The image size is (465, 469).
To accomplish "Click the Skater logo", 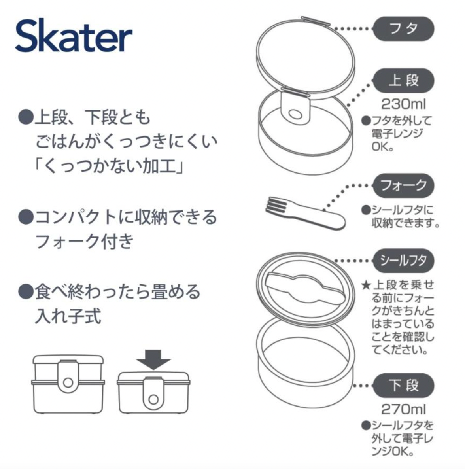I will pyautogui.click(x=74, y=36).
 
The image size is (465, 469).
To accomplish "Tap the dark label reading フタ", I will pyautogui.click(x=403, y=29).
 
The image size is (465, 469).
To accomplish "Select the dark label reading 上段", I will pyautogui.click(x=403, y=80).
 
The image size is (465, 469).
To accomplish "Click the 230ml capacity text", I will pyautogui.click(x=403, y=104).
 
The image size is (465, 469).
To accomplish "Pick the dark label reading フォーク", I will pyautogui.click(x=403, y=185).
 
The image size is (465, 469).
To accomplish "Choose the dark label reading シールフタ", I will pyautogui.click(x=403, y=261).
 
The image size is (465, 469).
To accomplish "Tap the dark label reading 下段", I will pyautogui.click(x=403, y=385).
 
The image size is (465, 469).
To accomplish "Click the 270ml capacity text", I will pyautogui.click(x=403, y=409).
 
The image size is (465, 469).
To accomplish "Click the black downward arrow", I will pyautogui.click(x=153, y=359).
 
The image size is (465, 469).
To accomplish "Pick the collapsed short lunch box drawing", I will pyautogui.click(x=153, y=391).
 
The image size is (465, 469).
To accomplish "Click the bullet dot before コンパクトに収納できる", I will pyautogui.click(x=26, y=217).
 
